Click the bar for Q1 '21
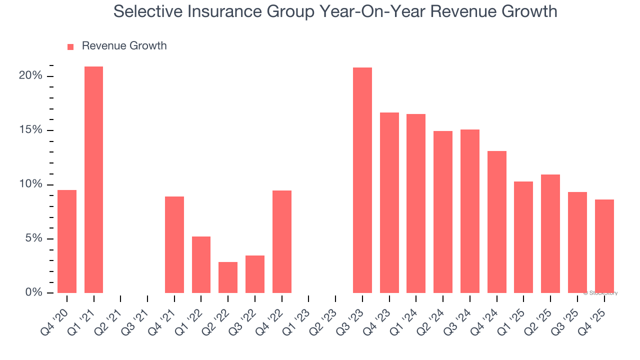93,179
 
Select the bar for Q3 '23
362,180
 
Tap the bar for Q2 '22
228,277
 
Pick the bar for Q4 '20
67,241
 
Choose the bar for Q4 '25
604,246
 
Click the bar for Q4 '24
496,222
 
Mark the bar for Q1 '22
201,264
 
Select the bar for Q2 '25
550,233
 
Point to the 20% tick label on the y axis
30,76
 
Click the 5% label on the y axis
33,238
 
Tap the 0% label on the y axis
33,292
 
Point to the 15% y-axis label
30,130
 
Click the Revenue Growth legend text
124,46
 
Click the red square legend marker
70,47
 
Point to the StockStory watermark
600,293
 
